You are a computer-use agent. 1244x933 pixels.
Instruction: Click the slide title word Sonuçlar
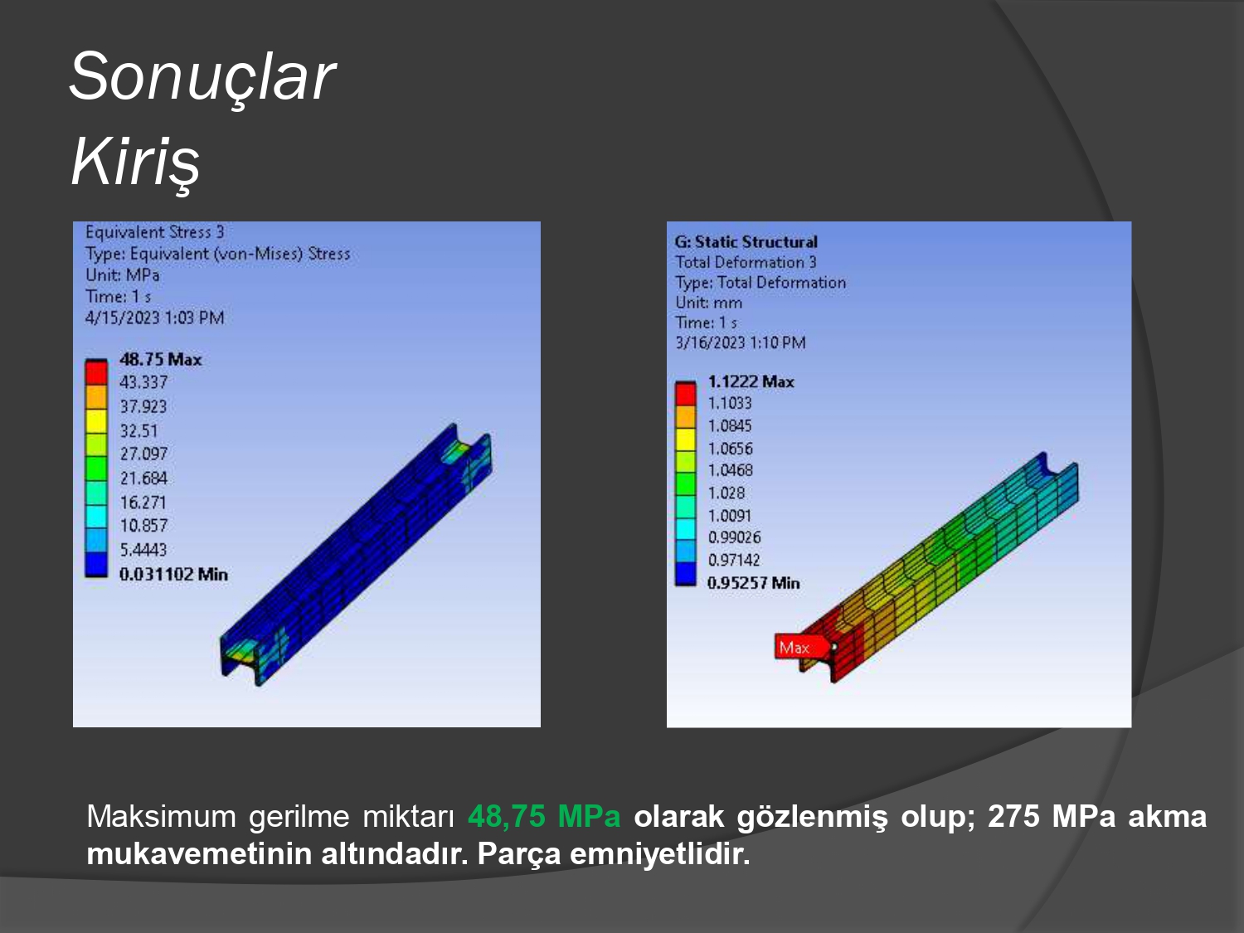tap(202, 77)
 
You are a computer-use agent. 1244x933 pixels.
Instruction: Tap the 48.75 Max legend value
tap(160, 359)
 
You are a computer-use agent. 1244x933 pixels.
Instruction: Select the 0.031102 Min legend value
tap(173, 574)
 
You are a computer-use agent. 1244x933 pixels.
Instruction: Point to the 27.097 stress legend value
tap(143, 454)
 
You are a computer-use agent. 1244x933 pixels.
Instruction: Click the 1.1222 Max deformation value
tap(751, 381)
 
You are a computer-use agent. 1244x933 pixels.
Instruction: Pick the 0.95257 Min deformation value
tap(754, 583)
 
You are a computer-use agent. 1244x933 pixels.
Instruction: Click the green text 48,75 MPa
tap(544, 816)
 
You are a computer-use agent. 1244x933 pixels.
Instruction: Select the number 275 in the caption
tap(1013, 816)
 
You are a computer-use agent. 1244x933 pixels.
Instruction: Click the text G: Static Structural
tap(746, 242)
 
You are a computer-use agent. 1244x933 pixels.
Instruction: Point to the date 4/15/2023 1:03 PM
tap(155, 318)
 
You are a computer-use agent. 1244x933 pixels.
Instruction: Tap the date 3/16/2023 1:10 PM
tap(740, 343)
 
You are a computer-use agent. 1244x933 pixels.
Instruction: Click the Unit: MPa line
tap(123, 275)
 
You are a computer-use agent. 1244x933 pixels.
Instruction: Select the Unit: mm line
tap(708, 303)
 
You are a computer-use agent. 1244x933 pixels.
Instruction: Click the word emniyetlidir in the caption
tap(659, 853)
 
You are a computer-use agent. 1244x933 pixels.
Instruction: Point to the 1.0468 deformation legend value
tap(731, 471)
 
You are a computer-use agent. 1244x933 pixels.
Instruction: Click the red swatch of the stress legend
tap(95, 373)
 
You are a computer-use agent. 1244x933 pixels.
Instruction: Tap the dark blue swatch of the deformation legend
tap(685, 573)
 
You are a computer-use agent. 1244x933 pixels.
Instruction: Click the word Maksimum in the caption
tap(161, 816)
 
